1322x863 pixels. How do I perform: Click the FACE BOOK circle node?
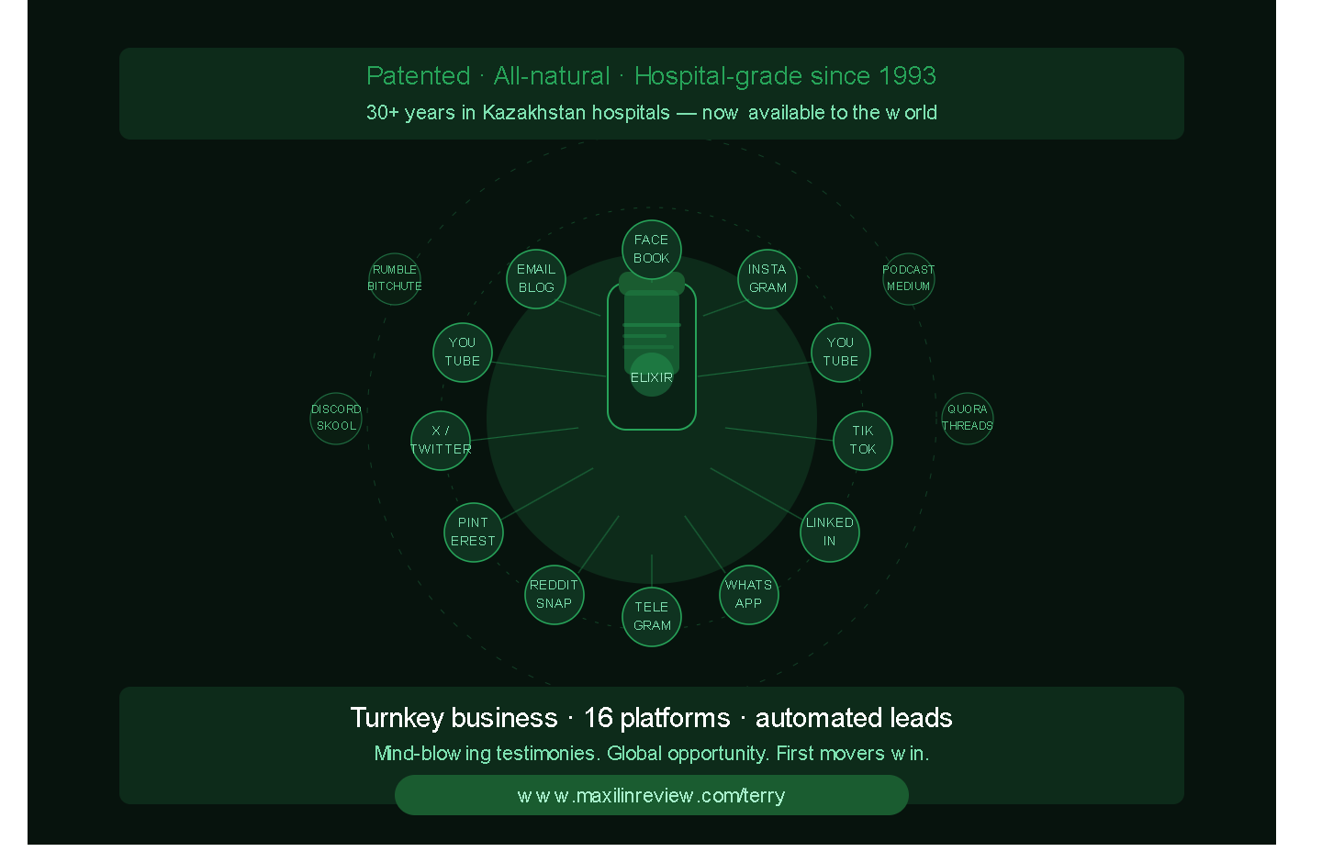point(652,250)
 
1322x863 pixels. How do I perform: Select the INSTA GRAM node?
point(767,278)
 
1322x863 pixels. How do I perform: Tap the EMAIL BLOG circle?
point(536,278)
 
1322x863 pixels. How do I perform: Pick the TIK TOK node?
point(863,441)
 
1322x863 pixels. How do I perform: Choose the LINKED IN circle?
point(830,532)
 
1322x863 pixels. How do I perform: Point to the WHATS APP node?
point(749,594)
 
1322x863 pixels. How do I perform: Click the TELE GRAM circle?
point(652,617)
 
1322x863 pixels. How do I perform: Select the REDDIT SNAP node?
point(555,594)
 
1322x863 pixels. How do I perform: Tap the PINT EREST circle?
point(474,532)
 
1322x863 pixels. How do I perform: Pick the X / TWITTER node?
point(441,441)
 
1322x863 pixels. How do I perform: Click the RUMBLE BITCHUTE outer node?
point(394,278)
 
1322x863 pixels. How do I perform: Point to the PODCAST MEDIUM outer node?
point(909,278)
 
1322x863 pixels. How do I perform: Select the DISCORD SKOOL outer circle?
point(336,419)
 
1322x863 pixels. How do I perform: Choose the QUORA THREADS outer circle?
point(968,419)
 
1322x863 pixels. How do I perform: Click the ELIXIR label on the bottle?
point(652,377)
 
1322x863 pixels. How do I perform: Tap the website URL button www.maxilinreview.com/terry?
point(652,795)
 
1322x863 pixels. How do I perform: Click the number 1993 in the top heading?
point(907,75)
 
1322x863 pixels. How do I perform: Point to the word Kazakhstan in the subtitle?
point(576,112)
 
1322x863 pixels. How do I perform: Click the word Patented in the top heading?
point(419,75)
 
